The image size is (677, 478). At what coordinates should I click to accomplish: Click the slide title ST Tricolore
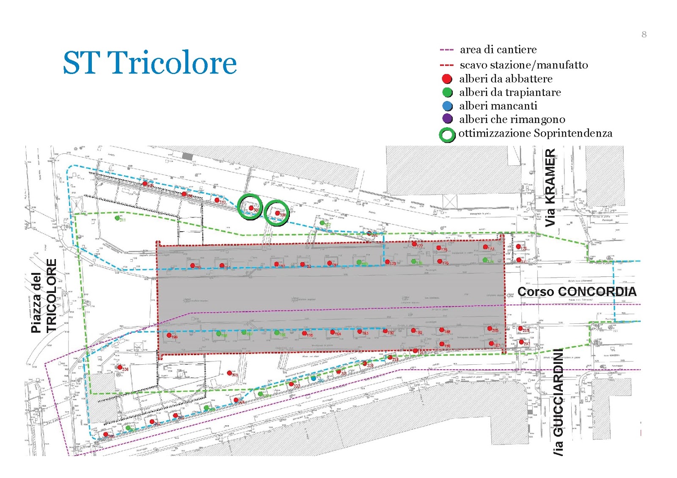[x=150, y=63]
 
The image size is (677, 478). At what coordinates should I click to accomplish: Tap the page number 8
[x=644, y=35]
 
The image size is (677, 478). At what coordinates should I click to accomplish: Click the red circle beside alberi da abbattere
[x=447, y=79]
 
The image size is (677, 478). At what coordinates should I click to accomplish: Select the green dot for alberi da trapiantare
[x=447, y=93]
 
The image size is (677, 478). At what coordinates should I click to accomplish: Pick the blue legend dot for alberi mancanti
[x=447, y=106]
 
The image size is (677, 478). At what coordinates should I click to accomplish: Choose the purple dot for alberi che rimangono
[x=447, y=119]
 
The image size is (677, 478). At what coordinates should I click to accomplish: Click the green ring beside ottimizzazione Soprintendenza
[x=447, y=135]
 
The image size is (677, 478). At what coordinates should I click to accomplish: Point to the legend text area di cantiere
[x=498, y=50]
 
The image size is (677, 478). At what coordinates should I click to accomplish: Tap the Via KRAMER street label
[x=550, y=187]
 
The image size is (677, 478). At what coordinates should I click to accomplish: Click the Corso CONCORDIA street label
[x=577, y=292]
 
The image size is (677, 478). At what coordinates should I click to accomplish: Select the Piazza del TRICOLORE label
[x=44, y=296]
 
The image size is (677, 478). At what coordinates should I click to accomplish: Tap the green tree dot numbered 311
[x=117, y=218]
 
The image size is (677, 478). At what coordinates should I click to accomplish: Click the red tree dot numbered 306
[x=120, y=368]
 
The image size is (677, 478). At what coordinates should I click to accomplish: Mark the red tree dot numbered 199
[x=169, y=336]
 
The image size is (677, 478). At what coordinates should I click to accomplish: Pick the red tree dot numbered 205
[x=490, y=328]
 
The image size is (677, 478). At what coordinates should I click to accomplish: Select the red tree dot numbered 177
[x=414, y=244]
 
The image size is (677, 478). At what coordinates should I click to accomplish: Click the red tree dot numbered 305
[x=229, y=373]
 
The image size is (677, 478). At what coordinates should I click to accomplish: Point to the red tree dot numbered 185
[x=193, y=266]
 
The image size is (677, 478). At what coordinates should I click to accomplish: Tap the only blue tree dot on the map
[x=313, y=378]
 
